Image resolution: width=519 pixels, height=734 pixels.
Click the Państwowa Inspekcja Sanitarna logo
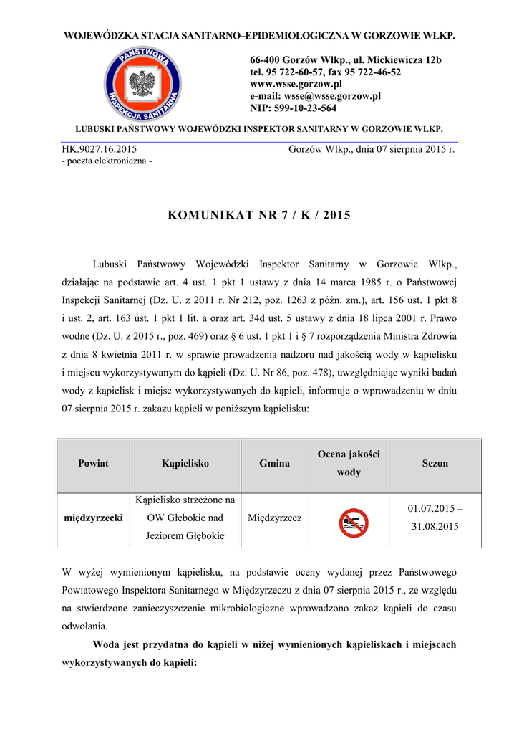click(142, 83)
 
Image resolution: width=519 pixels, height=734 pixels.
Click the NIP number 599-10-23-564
click(293, 108)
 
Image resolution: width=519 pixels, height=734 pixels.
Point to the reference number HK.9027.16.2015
click(100, 150)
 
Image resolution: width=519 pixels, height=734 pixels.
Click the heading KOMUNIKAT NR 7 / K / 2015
click(259, 215)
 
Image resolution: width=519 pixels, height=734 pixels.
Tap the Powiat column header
click(93, 464)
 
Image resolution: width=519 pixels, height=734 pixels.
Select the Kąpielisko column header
click(185, 464)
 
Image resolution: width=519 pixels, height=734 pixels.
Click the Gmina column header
click(274, 464)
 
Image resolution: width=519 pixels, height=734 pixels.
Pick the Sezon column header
click(435, 464)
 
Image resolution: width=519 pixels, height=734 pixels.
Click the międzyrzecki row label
click(93, 517)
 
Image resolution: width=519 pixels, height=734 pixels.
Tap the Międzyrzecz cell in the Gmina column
click(274, 517)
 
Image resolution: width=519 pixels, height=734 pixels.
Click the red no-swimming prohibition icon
click(353, 523)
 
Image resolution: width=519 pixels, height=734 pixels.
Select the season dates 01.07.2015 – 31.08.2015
click(435, 518)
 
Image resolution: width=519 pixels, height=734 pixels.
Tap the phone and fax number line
click(325, 72)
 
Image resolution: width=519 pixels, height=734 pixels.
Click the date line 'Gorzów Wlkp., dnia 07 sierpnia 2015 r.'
click(372, 150)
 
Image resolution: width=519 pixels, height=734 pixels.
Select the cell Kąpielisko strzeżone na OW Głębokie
click(185, 517)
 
